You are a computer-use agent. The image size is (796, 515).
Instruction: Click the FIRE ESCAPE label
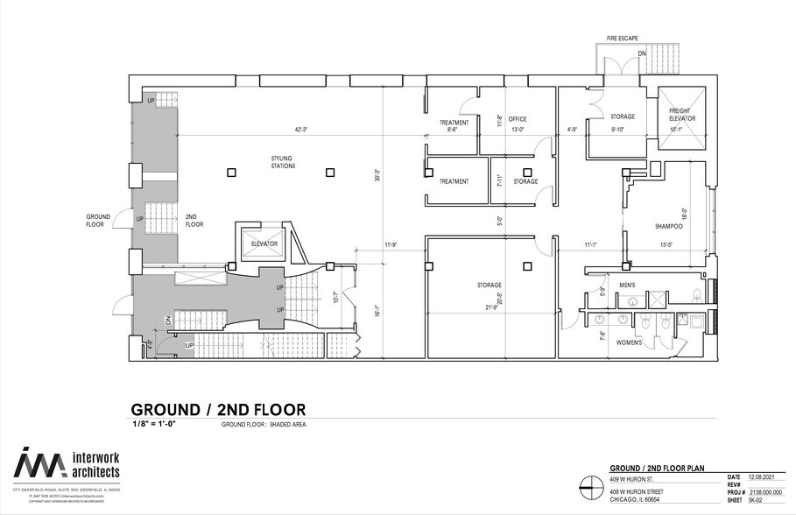coord(623,38)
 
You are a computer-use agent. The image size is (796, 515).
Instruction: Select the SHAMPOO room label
coord(669,227)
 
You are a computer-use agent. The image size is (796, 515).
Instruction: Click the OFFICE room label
coord(518,119)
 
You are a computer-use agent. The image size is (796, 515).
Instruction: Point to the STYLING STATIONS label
coord(282,162)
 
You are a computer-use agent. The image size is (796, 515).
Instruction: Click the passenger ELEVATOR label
coord(264,243)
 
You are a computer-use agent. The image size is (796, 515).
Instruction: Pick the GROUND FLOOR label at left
coord(98,220)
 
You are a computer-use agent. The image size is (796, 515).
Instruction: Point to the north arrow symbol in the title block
coord(589,484)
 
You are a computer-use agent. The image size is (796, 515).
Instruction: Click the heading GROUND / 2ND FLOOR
coord(218,409)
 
